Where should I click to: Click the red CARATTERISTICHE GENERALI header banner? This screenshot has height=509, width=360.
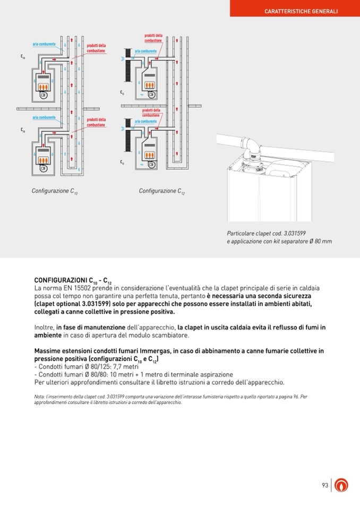[x=301, y=11]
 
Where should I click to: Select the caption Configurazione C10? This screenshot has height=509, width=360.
[x=55, y=191]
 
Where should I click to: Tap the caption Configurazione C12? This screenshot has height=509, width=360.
[x=162, y=191]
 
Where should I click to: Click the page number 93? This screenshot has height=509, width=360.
[x=325, y=485]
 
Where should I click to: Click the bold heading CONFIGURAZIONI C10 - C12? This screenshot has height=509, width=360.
[x=73, y=280]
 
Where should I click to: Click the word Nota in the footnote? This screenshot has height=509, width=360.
[x=39, y=396]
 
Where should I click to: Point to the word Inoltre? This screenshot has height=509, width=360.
[x=44, y=327]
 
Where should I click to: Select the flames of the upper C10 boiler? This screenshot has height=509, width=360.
[x=45, y=86]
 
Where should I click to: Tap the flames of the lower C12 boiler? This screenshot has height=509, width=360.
[x=150, y=155]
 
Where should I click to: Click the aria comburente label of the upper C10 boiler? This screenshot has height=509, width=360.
[x=44, y=44]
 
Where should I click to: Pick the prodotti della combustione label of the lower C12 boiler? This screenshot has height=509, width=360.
[x=151, y=113]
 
